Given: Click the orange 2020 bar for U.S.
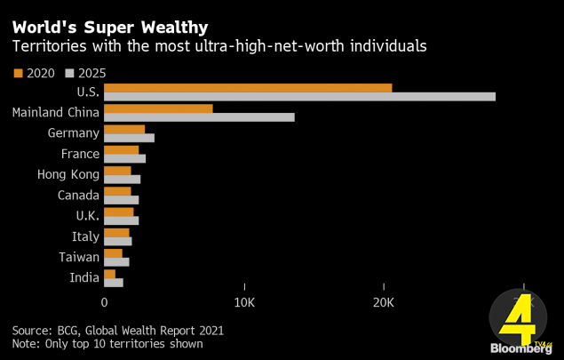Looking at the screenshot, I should coord(248,87).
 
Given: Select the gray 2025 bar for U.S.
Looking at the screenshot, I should coord(299,96).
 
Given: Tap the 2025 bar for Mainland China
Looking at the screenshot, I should coord(199,116).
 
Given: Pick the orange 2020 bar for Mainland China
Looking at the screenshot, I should coord(158,108).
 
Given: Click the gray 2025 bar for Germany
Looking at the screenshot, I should coord(129,138).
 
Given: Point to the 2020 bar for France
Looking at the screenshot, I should coord(121,149).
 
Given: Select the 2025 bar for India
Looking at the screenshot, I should coord(114,283).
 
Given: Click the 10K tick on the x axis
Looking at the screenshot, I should coord(243,302).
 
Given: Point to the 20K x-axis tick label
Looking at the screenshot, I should coord(383,302).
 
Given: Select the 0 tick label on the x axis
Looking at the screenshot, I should coord(104,302).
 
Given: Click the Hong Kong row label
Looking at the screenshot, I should coord(68,174).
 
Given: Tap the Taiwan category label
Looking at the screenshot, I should coord(79,257).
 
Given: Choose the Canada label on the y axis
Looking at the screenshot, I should coord(78,195).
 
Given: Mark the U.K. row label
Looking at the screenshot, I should coord(86,216).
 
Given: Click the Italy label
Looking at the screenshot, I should coord(85,236).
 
